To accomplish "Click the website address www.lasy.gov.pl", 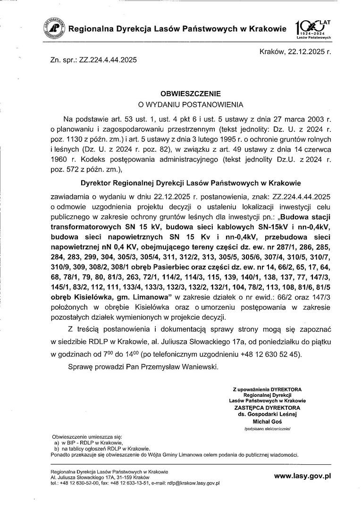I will coord(302,476).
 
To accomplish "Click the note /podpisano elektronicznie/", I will coord(268,429).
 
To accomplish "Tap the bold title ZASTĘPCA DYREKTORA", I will coord(268,408).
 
